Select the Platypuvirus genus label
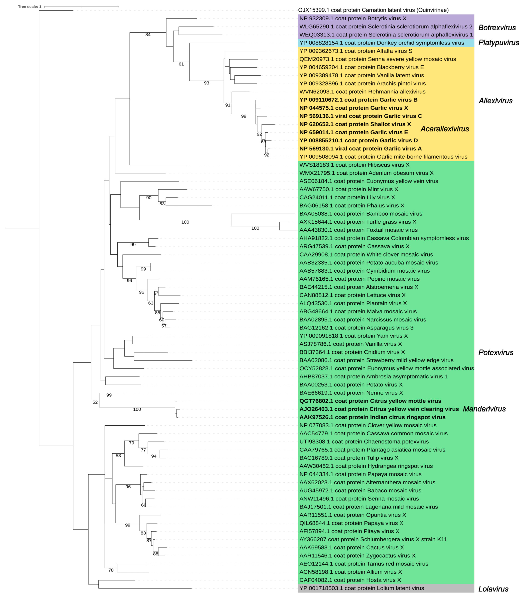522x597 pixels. tap(498, 43)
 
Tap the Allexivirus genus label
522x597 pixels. tap(496, 101)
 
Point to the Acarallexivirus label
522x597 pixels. tap(445, 129)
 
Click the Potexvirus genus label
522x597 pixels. tap(496, 353)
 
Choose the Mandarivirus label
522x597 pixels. tap(484, 409)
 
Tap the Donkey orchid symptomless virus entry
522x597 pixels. tap(382, 43)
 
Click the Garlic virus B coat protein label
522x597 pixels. tap(358, 100)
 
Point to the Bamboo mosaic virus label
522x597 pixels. tap(361, 214)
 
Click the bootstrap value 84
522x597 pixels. tap(148, 35)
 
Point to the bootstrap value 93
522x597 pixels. tap(207, 83)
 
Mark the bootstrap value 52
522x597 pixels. tap(95, 402)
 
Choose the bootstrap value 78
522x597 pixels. tap(111, 570)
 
